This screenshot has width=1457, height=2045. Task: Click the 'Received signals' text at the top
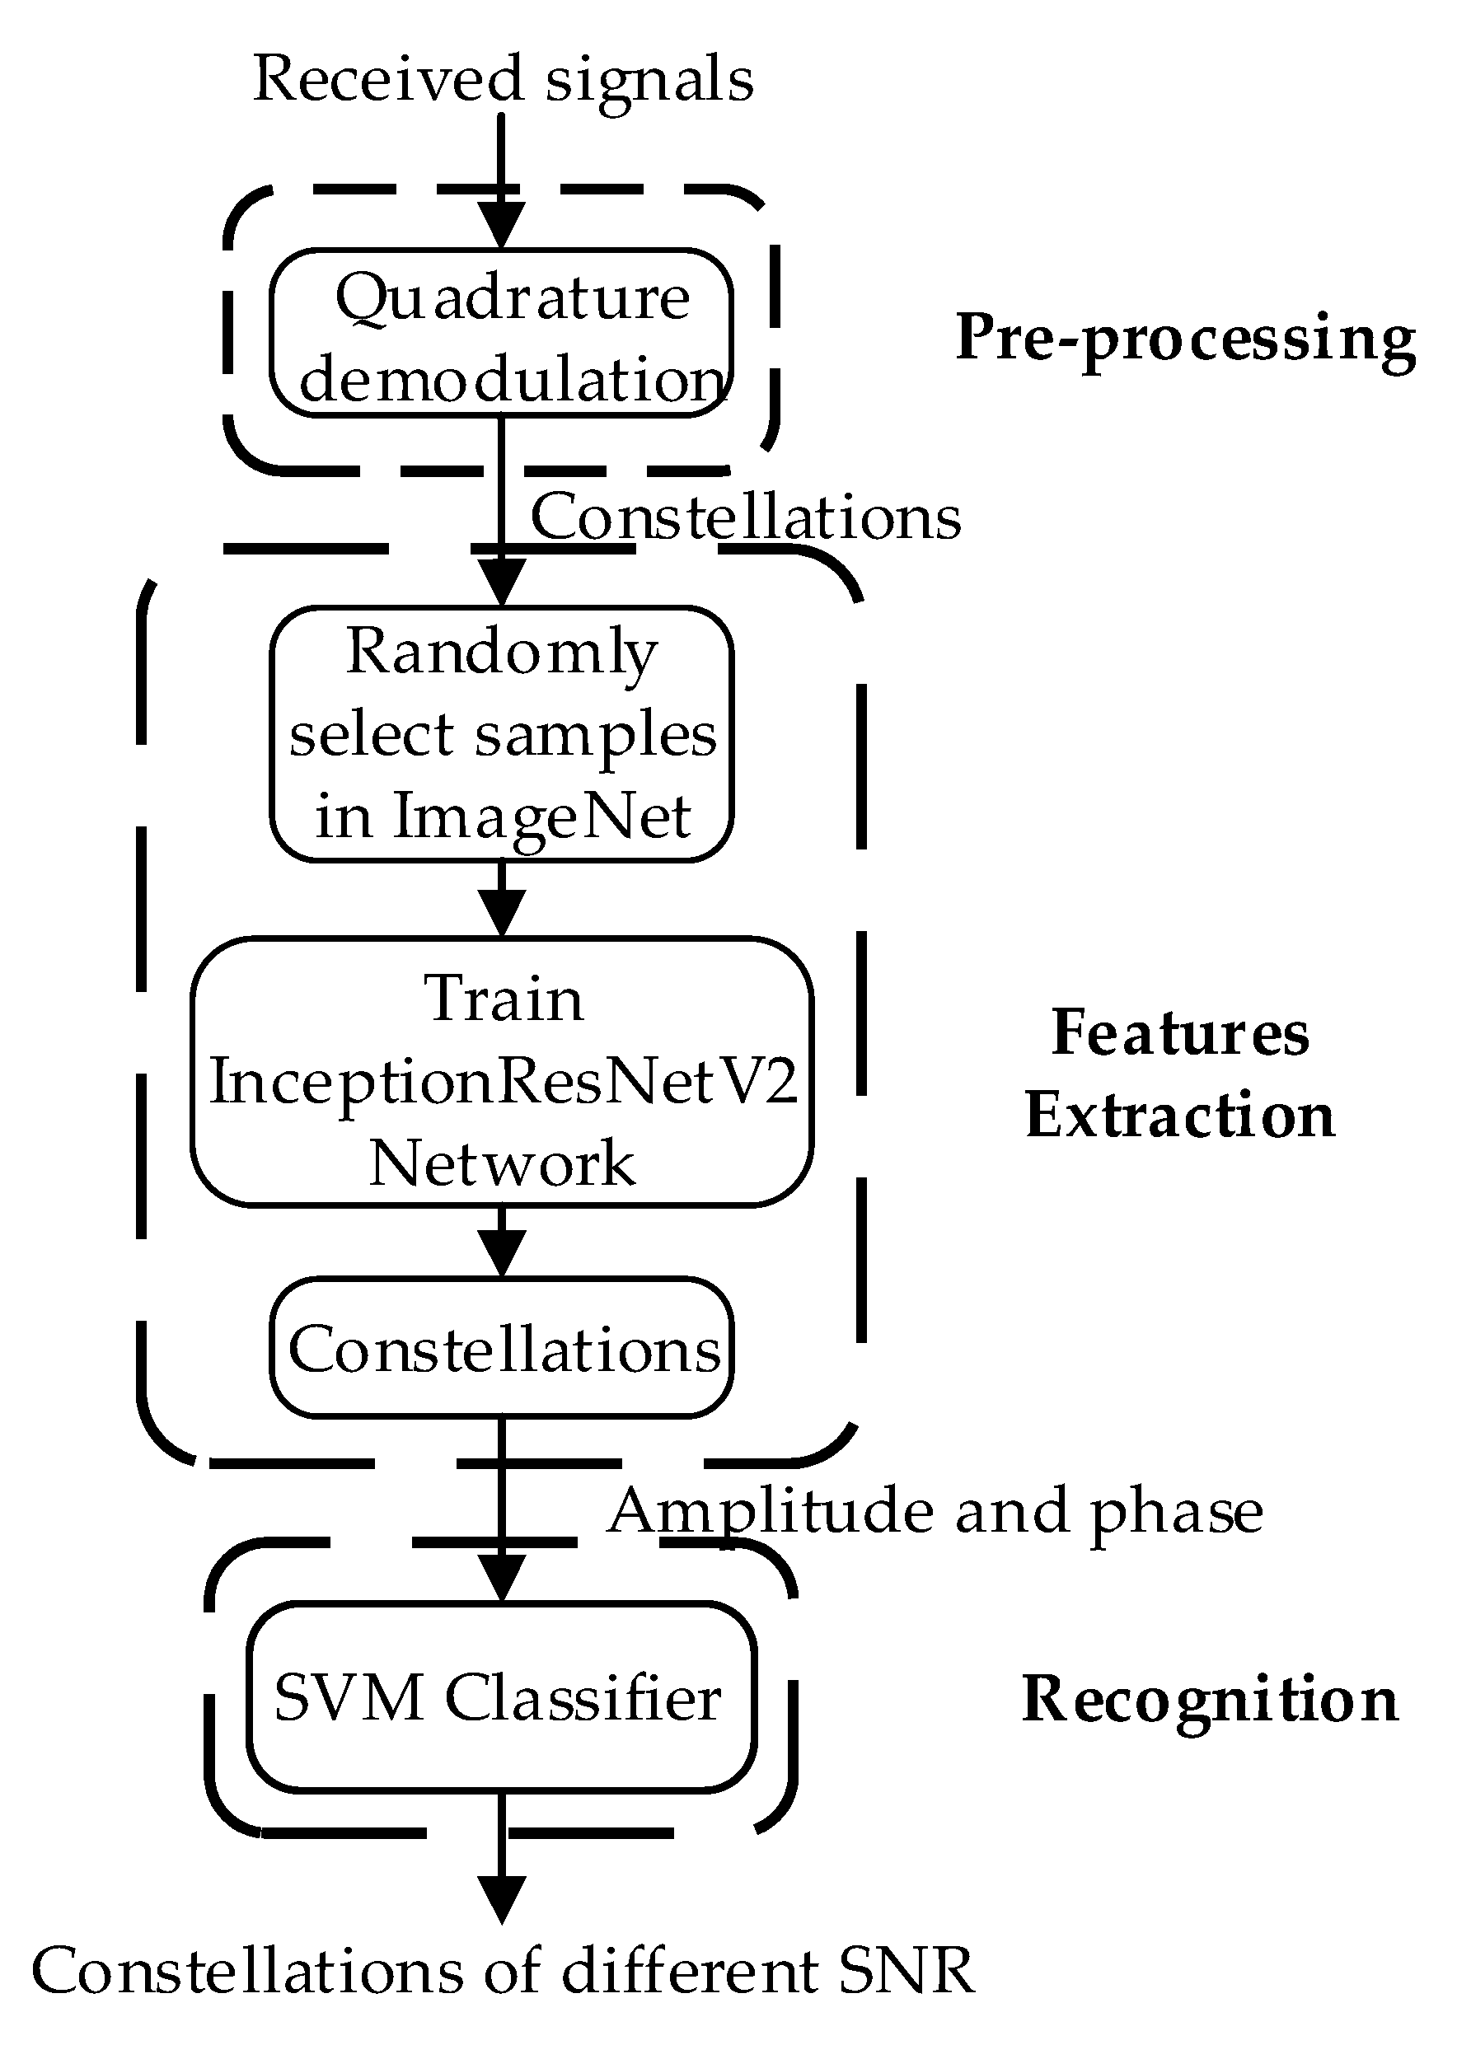pos(503,79)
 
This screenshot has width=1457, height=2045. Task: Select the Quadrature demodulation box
pos(502,334)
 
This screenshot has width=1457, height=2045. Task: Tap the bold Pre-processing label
pos(1184,339)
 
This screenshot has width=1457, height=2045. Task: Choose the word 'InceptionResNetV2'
pos(503,1082)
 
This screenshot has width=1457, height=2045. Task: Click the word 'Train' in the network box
pos(503,999)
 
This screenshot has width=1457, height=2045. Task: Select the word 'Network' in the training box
pos(503,1164)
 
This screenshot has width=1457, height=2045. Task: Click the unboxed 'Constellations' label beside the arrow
pos(745,518)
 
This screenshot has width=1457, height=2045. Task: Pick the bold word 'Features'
pos(1179,1033)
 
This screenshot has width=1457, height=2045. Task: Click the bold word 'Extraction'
pos(1179,1116)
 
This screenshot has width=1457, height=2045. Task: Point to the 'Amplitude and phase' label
pos(935,1512)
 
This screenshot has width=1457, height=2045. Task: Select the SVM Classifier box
pos(502,1697)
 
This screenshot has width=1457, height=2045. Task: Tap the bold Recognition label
pos(1210,1699)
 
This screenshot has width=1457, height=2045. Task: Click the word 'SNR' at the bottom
pos(907,1973)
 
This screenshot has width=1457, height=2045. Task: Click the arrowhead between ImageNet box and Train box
pos(502,913)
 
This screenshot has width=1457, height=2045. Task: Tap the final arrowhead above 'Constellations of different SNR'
pos(502,1900)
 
